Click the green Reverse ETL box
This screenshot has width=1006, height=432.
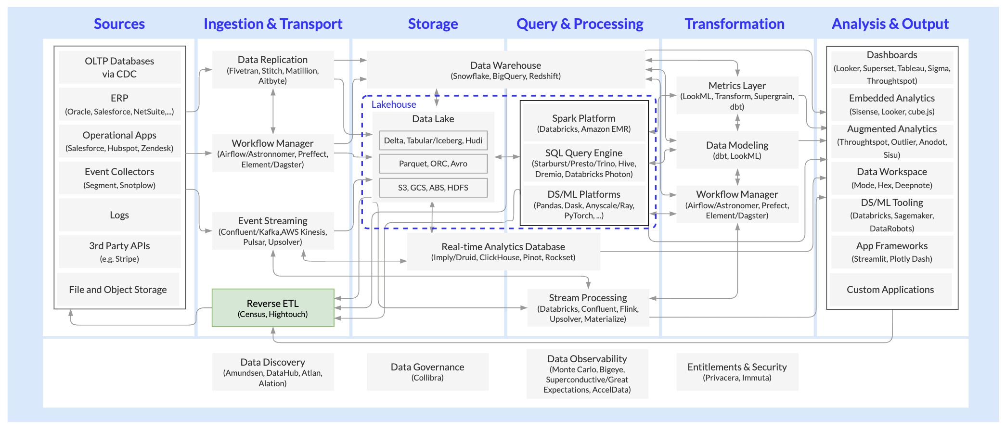pyautogui.click(x=273, y=308)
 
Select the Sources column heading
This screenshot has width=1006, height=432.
pyautogui.click(x=119, y=24)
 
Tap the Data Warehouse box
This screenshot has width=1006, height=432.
pyautogui.click(x=505, y=70)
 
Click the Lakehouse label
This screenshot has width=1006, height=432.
pyautogui.click(x=393, y=104)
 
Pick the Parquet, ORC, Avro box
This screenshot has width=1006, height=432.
pyautogui.click(x=433, y=164)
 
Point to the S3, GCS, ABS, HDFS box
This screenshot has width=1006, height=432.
pyautogui.click(x=433, y=188)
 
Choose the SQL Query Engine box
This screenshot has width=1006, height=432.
pyautogui.click(x=583, y=163)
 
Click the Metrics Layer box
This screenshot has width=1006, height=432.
pyautogui.click(x=737, y=95)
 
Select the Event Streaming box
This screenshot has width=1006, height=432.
pyautogui.click(x=273, y=230)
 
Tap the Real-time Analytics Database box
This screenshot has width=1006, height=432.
pyautogui.click(x=503, y=251)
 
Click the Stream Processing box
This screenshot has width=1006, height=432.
pyautogui.click(x=588, y=307)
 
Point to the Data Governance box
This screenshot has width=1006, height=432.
pyautogui.click(x=427, y=371)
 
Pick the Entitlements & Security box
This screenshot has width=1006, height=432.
pyautogui.click(x=737, y=371)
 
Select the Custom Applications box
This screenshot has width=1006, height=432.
pyautogui.click(x=890, y=290)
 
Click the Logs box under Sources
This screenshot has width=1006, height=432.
pyautogui.click(x=119, y=215)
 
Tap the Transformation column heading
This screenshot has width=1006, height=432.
pyautogui.click(x=735, y=24)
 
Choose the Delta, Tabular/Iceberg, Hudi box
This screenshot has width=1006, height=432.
pyautogui.click(x=433, y=140)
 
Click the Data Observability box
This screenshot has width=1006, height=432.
pyautogui.click(x=587, y=373)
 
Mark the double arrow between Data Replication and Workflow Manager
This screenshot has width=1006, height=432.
pyautogui.click(x=273, y=111)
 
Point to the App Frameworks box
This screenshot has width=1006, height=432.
pyautogui.click(x=891, y=252)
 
